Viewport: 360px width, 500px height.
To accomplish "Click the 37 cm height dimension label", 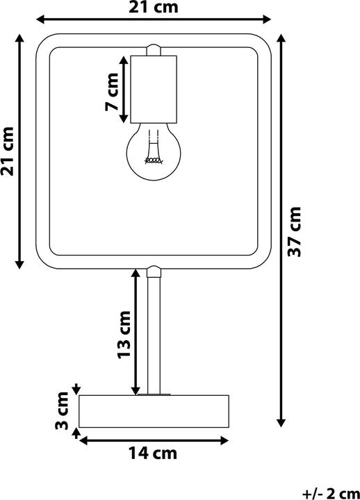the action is pos(294,231).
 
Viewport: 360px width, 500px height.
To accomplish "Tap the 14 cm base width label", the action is pos(153,453).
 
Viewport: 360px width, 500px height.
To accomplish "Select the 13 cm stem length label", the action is pos(124,335).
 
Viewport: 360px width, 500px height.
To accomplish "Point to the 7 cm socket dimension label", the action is pos(112,92).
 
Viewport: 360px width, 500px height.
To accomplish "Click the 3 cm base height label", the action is pos(62,410).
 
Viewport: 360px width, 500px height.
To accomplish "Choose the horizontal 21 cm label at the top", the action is pos(153,8).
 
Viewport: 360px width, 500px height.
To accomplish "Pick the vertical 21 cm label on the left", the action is pos(7,151).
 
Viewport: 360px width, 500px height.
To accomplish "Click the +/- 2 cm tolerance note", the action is pos(331,494).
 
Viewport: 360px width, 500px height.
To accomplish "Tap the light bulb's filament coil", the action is pos(154,160).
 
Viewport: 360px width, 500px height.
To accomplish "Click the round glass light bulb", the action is pos(154,152).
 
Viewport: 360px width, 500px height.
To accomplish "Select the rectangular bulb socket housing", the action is pos(154,90).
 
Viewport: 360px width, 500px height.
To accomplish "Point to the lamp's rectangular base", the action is pos(154,411).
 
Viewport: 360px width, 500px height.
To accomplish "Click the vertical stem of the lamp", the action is pos(154,335).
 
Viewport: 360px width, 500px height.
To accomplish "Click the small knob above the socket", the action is pos(154,50).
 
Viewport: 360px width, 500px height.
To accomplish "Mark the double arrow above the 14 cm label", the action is pos(154,441).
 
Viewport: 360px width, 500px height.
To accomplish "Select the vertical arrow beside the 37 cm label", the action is pos(281,231).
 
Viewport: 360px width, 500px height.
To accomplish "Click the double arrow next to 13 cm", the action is pos(136,332).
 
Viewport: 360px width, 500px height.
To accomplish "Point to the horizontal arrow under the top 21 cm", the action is pos(154,19).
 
